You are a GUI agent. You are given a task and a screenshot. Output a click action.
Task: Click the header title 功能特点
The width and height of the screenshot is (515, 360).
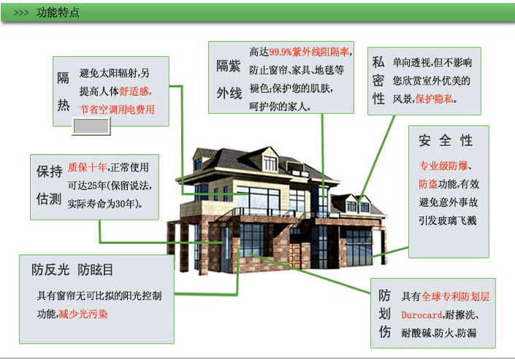(58, 12)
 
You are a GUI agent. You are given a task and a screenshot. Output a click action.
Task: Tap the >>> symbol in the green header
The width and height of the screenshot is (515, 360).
(21, 13)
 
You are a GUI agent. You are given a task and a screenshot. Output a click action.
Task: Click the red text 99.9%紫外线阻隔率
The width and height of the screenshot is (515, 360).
(309, 52)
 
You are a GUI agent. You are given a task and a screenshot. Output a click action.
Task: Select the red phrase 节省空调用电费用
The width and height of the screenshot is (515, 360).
(117, 110)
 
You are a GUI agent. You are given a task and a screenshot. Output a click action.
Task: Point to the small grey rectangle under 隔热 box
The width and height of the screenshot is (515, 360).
(91, 126)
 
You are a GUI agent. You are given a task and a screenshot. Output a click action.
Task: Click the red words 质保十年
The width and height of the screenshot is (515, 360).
(88, 167)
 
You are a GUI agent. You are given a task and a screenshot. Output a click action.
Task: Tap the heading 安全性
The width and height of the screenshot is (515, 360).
(446, 141)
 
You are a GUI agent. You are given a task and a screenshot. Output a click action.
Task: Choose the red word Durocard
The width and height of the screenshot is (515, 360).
(421, 315)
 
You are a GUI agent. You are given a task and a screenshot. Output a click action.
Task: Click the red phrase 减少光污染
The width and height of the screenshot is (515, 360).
(83, 314)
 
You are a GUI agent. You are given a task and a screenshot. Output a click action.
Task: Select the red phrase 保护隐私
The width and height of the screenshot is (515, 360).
(434, 99)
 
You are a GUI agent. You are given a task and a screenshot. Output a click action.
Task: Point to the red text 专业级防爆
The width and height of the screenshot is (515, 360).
(443, 166)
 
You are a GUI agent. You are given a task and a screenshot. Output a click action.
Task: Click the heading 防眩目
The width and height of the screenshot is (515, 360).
(95, 269)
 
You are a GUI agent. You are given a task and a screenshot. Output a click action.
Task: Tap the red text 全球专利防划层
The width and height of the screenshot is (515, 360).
(455, 296)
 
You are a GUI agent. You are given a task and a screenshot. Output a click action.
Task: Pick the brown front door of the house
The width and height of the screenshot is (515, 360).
(294, 256)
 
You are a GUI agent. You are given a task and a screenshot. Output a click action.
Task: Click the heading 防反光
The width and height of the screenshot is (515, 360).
(50, 269)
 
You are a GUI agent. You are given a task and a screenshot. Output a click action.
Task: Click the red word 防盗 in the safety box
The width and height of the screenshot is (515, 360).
(428, 183)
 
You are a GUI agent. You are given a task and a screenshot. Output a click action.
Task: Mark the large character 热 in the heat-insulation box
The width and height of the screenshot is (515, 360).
(64, 105)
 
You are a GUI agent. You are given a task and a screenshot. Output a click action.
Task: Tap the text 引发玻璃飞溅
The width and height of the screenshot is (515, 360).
(447, 221)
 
